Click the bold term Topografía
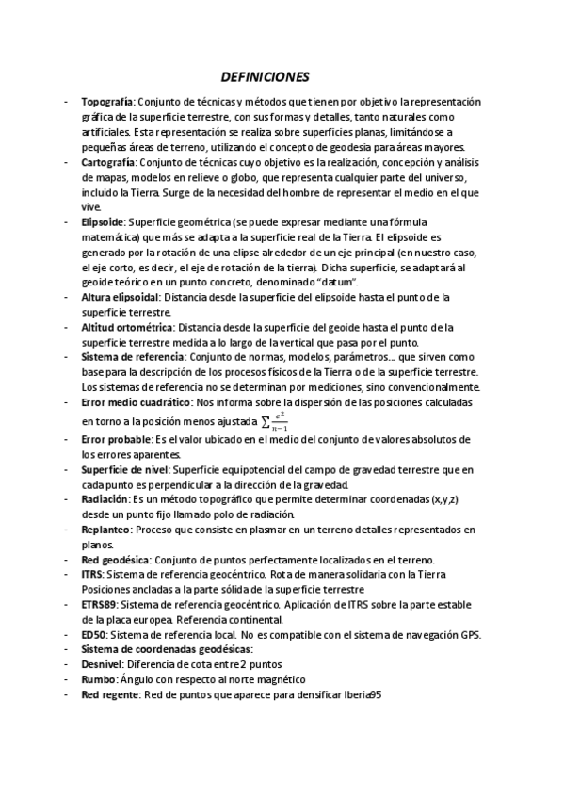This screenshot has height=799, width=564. [108, 102]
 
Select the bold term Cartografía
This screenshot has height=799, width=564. [110, 162]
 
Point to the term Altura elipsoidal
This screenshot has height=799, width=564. [119, 297]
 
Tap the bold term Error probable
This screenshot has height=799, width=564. [116, 440]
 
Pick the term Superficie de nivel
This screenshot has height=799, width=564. [124, 469]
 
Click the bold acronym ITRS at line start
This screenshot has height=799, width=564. [92, 574]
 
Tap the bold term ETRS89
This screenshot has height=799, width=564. [100, 604]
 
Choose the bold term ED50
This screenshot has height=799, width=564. [93, 634]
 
